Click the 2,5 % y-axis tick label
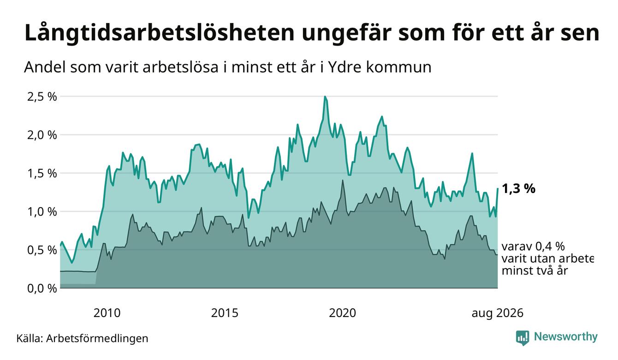pyautogui.click(x=42, y=97)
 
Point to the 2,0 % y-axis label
pyautogui.click(x=42, y=135)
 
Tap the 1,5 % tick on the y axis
pyautogui.click(x=42, y=174)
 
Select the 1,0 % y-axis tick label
pyautogui.click(x=42, y=212)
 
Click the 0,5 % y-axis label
pyautogui.click(x=42, y=251)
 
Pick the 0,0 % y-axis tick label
pyautogui.click(x=42, y=289)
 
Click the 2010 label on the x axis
pyautogui.click(x=107, y=313)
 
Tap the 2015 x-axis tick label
pyautogui.click(x=225, y=313)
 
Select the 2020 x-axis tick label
pyautogui.click(x=342, y=313)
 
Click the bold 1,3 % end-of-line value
pyautogui.click(x=519, y=189)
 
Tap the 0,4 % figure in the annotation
pyautogui.click(x=550, y=246)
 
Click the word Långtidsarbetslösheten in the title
pyautogui.click(x=160, y=33)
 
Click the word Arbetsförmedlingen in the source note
pyautogui.click(x=97, y=338)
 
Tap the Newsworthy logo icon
pyautogui.click(x=523, y=338)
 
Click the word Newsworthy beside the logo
pyautogui.click(x=566, y=337)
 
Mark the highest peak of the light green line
pyautogui.click(x=325, y=96)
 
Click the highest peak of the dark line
pyautogui.click(x=342, y=180)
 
